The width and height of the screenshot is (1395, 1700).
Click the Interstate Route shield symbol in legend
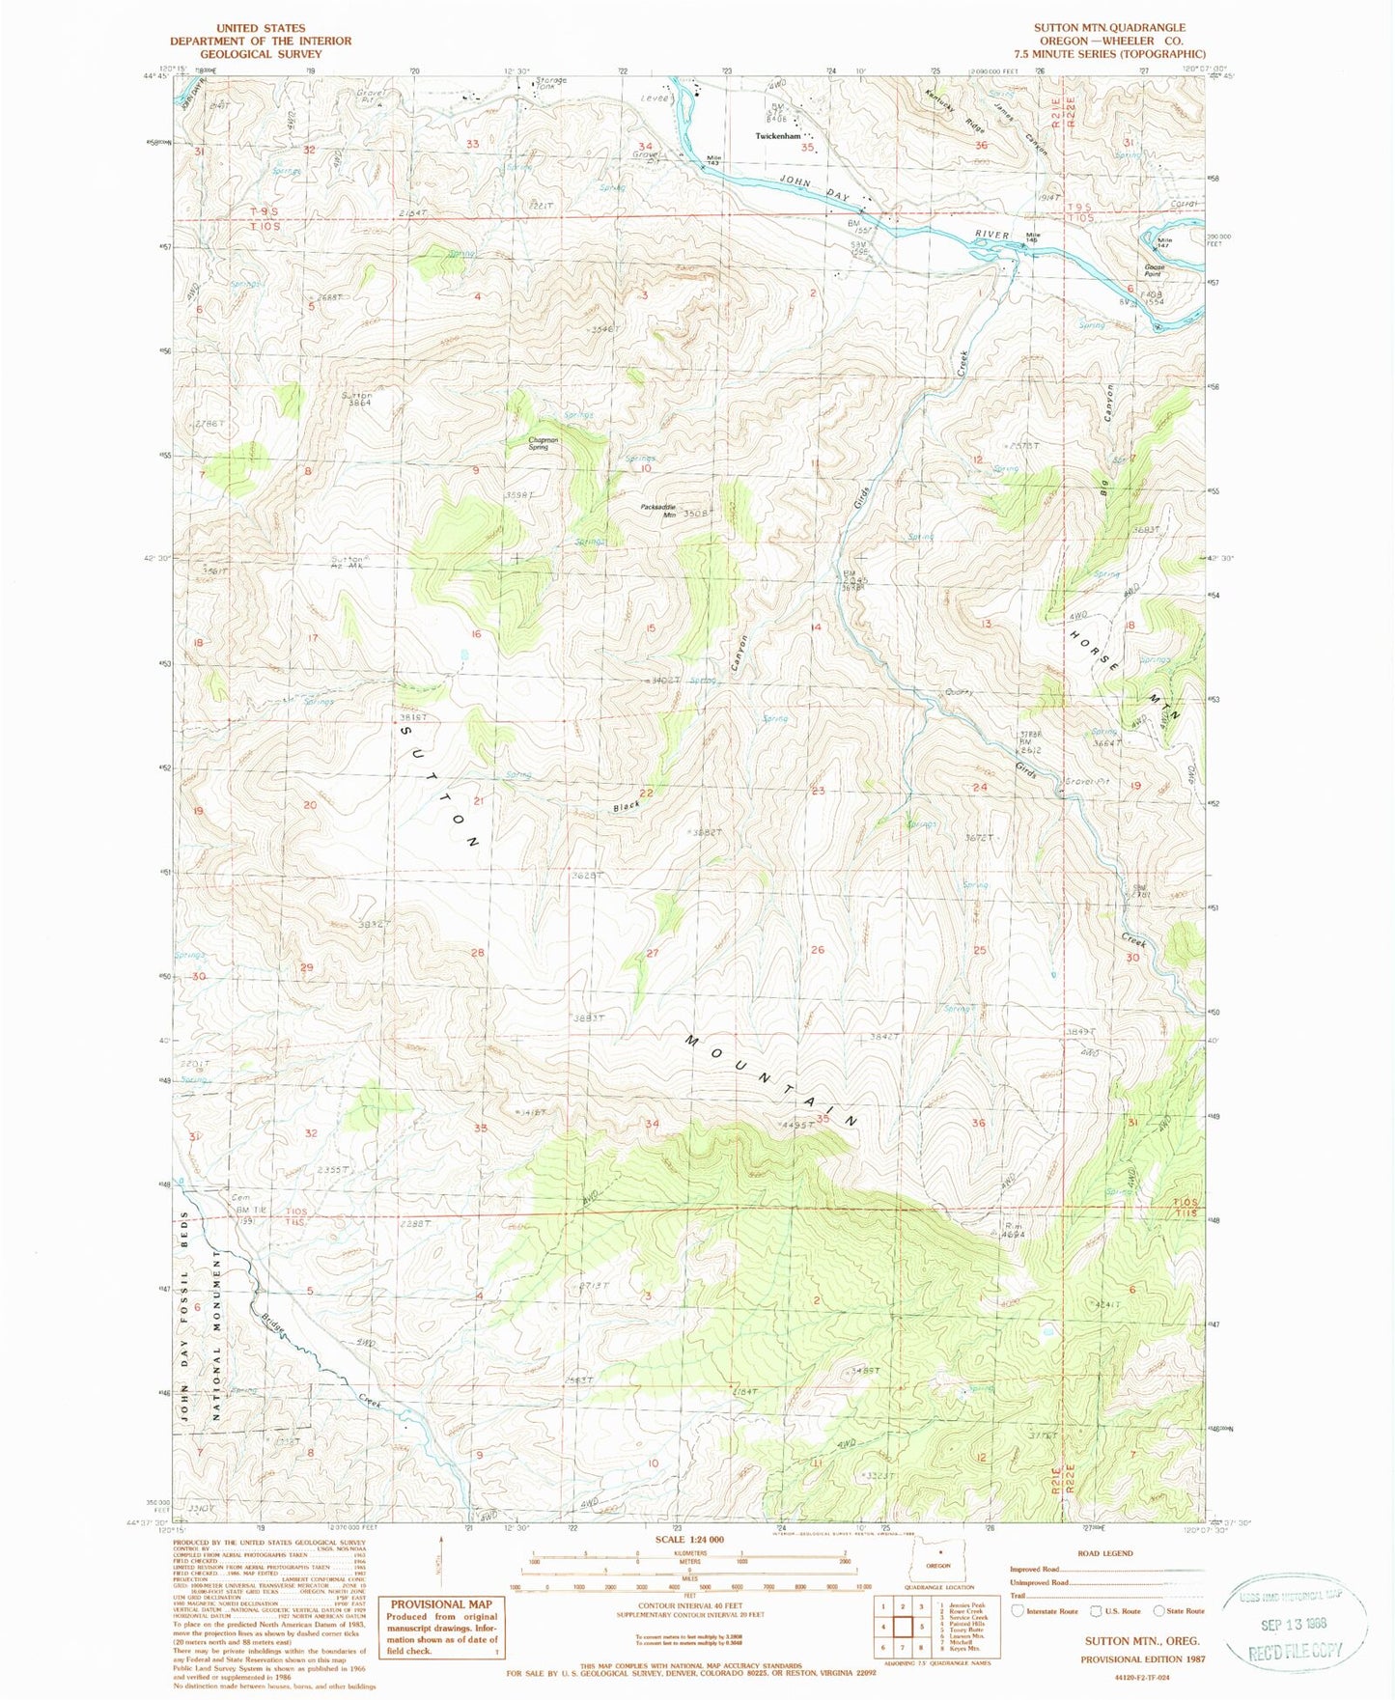coord(1017,1611)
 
